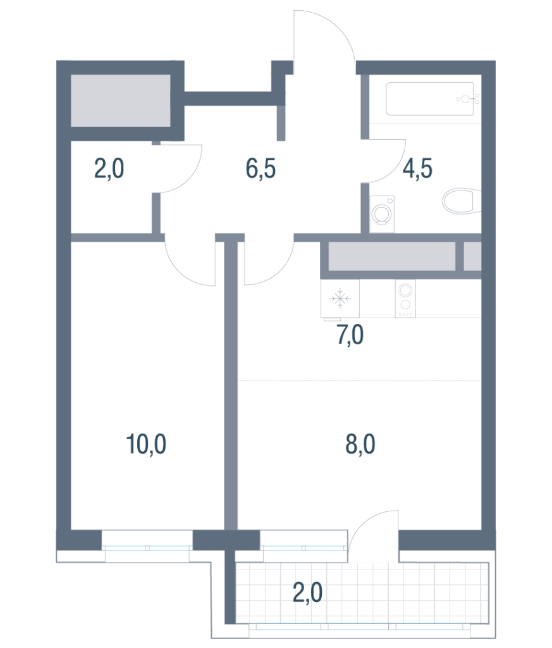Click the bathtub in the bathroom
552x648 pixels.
click(430, 99)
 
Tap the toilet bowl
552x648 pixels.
click(462, 201)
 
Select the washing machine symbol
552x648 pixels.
click(382, 214)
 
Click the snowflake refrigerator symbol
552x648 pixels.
click(340, 299)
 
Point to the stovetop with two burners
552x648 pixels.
click(405, 299)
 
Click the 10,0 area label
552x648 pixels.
click(146, 444)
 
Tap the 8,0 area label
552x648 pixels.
click(360, 444)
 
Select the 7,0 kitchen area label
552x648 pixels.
click(350, 335)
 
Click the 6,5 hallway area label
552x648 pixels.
click(261, 168)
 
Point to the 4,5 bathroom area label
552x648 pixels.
click(417, 168)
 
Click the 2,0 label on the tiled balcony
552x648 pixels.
click(307, 593)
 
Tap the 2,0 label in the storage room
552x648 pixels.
click(109, 168)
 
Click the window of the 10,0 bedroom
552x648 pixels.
click(147, 547)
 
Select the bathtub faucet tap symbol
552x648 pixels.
click(467, 99)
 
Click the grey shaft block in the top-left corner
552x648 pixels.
click(121, 101)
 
